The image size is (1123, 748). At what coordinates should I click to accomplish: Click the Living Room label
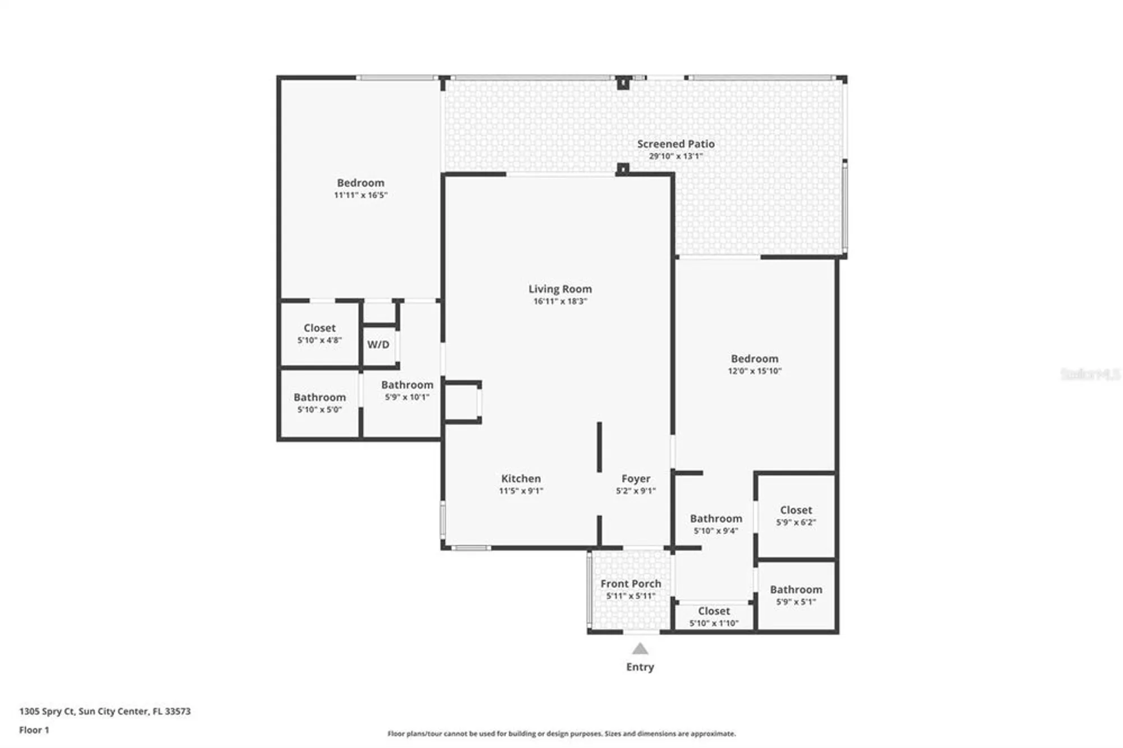coord(560,289)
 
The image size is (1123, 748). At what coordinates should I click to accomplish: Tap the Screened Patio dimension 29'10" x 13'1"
coord(675,156)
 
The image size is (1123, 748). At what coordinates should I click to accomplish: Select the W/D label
coord(378,344)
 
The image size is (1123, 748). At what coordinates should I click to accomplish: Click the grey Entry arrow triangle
coord(640,650)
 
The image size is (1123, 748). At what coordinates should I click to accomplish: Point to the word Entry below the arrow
coord(640,667)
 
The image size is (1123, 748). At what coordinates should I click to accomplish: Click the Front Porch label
coord(631,583)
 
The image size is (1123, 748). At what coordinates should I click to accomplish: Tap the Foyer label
coord(636,478)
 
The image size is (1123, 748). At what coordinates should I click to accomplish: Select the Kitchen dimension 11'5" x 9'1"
coord(521,491)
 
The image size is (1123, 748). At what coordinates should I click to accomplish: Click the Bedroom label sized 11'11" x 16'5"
coord(360,183)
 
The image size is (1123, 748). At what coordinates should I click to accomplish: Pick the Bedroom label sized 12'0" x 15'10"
coord(754,358)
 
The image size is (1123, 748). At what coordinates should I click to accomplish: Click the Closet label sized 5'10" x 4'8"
coord(319,327)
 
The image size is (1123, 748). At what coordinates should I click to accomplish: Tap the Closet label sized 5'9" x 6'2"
coord(796,510)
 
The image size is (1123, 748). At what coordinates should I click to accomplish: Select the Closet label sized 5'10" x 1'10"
coord(714,610)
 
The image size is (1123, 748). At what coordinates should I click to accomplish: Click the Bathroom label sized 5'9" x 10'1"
coord(407,385)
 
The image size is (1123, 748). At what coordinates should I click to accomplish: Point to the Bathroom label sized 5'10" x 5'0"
coord(319,397)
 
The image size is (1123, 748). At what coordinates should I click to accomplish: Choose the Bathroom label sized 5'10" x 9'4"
coord(716,518)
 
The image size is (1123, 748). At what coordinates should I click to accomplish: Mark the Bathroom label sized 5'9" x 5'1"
coord(796,589)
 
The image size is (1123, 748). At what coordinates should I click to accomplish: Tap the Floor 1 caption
coord(34,729)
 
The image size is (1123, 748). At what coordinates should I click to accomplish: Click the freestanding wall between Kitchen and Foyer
coord(599,447)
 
